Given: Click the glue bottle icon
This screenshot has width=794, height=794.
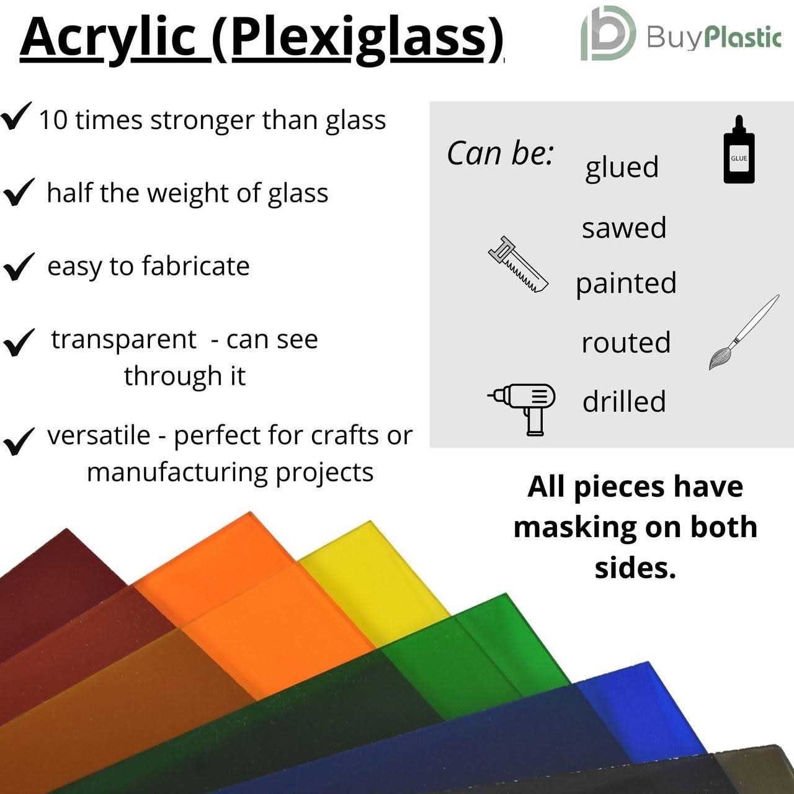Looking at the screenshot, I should coord(739,151).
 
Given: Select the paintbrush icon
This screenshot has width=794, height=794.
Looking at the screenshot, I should coord(743,333).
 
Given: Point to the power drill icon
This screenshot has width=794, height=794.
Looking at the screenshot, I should coord(523,408).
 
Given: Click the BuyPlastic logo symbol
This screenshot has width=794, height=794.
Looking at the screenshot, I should coord(607,33).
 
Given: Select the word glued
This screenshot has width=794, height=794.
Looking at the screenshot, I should coord(622,168).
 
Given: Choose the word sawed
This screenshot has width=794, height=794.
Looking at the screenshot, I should coord(623,228).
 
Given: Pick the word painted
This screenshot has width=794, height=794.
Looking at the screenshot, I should coord(625,284).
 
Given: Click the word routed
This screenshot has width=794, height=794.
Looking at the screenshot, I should coord(625,342).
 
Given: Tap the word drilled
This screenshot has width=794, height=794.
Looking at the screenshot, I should coord(623,401).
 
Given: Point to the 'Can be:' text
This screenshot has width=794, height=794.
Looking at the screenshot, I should coord(499,153).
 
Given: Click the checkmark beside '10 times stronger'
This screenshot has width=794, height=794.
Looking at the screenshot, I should coord(16,117).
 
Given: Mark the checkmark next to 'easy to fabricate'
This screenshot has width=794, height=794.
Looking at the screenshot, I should coord(19,267).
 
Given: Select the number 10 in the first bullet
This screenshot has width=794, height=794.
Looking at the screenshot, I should coord(53,120).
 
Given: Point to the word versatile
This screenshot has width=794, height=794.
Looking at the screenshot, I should coord(99,435).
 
